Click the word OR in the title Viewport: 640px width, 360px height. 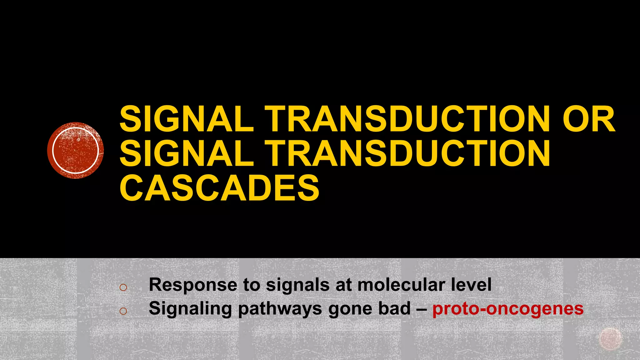(589, 119)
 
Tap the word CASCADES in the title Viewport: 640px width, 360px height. (219, 188)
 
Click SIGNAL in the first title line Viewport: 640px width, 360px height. (187, 119)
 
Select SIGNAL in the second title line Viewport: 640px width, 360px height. (187, 153)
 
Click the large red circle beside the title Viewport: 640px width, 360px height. (75, 150)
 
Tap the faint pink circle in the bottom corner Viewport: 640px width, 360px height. (610, 338)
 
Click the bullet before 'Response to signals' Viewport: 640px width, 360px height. (123, 287)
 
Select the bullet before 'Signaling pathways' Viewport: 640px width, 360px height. (123, 311)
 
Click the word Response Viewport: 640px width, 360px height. (193, 285)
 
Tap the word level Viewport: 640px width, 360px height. (471, 285)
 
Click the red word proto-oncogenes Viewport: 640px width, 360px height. (508, 309)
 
